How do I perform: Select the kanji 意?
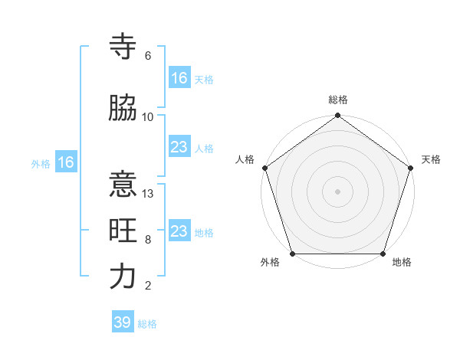pos(123,186)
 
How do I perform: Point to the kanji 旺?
pos(123,231)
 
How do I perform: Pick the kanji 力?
pos(123,277)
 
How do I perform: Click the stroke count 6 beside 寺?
pos(148,56)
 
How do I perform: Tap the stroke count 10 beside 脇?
pos(148,117)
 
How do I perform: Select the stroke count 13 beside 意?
pos(148,194)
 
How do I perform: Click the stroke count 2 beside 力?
pos(148,286)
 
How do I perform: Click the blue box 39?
pos(122,322)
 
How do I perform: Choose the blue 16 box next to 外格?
pos(65,162)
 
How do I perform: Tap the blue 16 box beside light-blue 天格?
pos(179,78)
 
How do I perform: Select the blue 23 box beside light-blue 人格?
pos(179,147)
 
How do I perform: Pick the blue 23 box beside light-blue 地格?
pos(179,231)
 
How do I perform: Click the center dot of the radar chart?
pos(337,191)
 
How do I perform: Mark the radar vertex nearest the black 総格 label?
pos(337,116)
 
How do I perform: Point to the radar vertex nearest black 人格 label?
pos(264,168)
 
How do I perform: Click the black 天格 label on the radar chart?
pos(431,160)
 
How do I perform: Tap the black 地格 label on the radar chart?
pos(402,262)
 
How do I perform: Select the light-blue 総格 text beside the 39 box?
pos(147,324)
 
